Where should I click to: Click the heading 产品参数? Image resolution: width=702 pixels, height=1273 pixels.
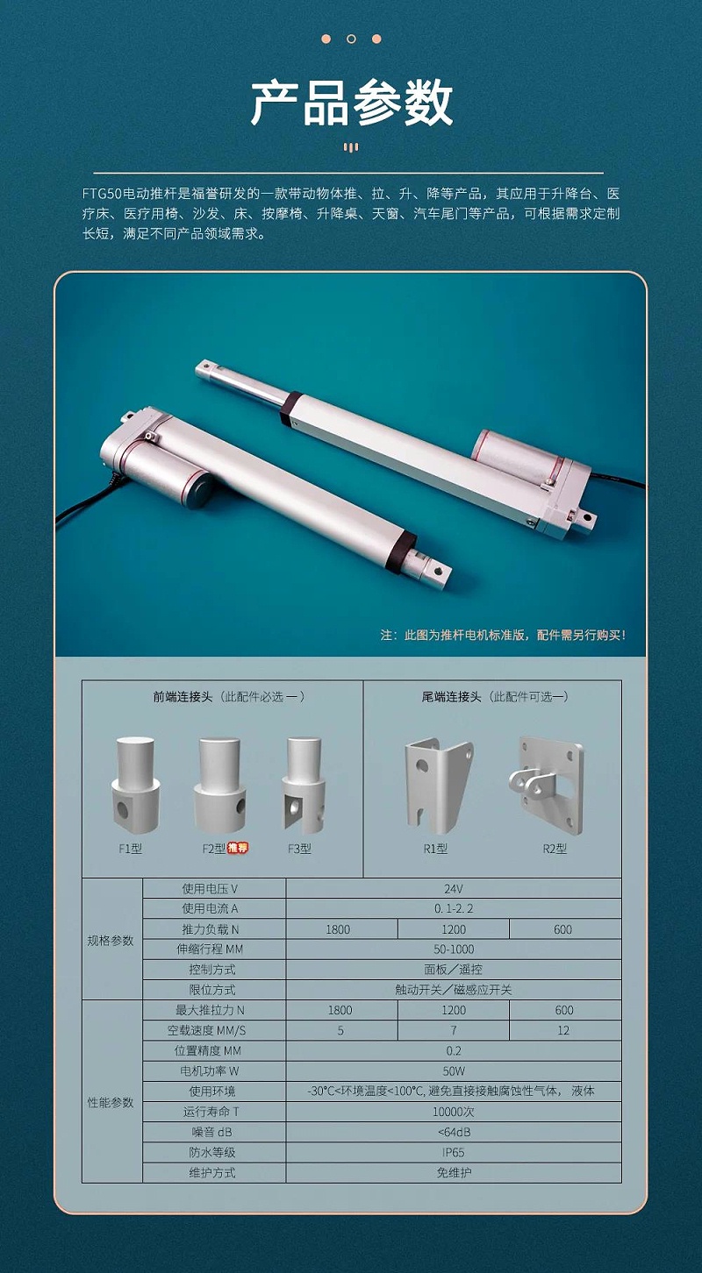[352, 103]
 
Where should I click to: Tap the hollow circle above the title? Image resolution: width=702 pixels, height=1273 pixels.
[351, 39]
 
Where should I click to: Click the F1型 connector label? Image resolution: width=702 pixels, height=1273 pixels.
[130, 849]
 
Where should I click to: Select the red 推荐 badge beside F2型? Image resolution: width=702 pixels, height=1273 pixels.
[238, 849]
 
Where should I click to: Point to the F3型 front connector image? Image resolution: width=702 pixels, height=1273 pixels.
[304, 785]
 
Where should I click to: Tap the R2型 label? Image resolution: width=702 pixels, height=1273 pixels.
[555, 849]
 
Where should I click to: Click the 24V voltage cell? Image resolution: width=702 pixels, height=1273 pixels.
[454, 889]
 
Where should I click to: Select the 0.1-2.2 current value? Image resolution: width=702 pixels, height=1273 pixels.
[454, 908]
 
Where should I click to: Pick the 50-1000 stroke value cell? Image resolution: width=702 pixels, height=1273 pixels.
[454, 949]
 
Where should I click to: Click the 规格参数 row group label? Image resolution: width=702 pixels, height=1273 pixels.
[111, 941]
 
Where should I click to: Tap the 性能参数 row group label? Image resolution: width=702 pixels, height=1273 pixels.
[111, 1103]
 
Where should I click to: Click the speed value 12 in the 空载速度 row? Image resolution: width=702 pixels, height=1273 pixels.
[563, 1030]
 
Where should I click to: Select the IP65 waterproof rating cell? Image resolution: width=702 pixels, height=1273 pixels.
[454, 1152]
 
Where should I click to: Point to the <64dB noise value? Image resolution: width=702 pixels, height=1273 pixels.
[454, 1132]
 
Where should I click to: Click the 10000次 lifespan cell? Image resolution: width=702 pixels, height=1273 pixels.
[454, 1112]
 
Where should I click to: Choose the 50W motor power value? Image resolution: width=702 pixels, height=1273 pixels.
[454, 1071]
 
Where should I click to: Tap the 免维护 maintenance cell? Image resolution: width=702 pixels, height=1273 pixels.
[454, 1172]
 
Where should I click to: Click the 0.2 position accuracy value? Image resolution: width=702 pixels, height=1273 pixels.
[454, 1051]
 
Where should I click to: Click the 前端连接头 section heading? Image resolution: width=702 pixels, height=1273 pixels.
[182, 697]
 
